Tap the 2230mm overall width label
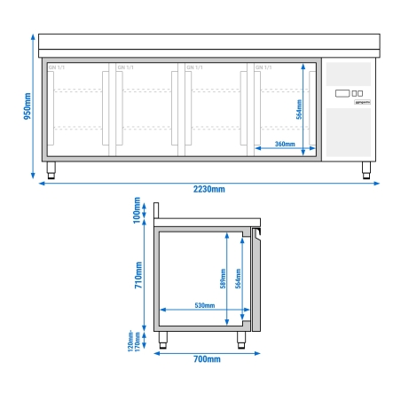pyautogui.click(x=209, y=188)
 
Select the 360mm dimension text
pyautogui.click(x=284, y=144)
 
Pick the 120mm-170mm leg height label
pyautogui.click(x=132, y=341)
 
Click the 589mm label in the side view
pyautogui.click(x=224, y=279)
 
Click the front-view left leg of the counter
pyautogui.click(x=51, y=170)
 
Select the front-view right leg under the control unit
pyautogui.click(x=366, y=170)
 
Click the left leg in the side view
pyautogui.click(x=163, y=339)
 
